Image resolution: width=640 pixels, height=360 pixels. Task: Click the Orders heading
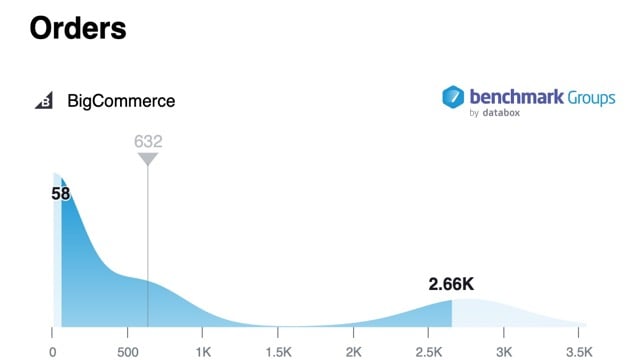click(78, 27)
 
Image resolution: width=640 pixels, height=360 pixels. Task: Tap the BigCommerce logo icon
click(44, 101)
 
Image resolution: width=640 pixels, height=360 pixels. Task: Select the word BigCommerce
click(121, 101)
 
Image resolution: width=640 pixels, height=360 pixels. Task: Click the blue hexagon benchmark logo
click(453, 97)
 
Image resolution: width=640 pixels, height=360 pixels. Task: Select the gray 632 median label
click(148, 141)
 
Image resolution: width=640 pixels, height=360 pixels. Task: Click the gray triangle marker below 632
click(148, 159)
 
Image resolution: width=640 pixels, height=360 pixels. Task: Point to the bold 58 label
click(61, 193)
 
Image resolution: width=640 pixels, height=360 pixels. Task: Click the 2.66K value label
click(451, 285)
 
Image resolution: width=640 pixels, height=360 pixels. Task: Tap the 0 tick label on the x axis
click(53, 351)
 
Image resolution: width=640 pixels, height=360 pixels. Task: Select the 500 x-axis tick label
click(127, 351)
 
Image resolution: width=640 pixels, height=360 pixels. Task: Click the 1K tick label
click(203, 351)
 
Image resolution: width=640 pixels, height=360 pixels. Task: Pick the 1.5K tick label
click(278, 351)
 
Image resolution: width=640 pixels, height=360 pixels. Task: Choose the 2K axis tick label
click(354, 351)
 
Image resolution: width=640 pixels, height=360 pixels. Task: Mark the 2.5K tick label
click(428, 351)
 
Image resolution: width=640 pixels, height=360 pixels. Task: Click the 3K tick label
click(504, 351)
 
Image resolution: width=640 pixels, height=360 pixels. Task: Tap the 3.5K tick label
click(579, 351)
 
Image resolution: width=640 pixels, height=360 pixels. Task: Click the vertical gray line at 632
click(148, 250)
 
